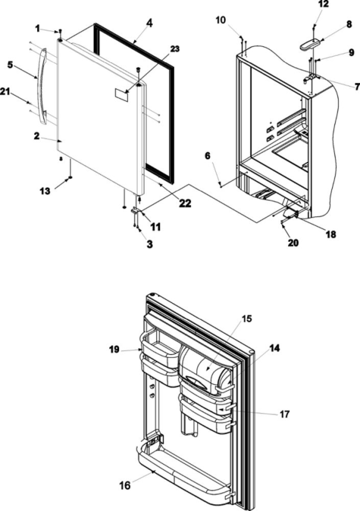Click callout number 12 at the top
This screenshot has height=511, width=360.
[323, 5]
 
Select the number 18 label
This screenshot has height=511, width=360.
[331, 233]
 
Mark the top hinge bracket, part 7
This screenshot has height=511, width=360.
[312, 78]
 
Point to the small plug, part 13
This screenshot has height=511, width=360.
[71, 178]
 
